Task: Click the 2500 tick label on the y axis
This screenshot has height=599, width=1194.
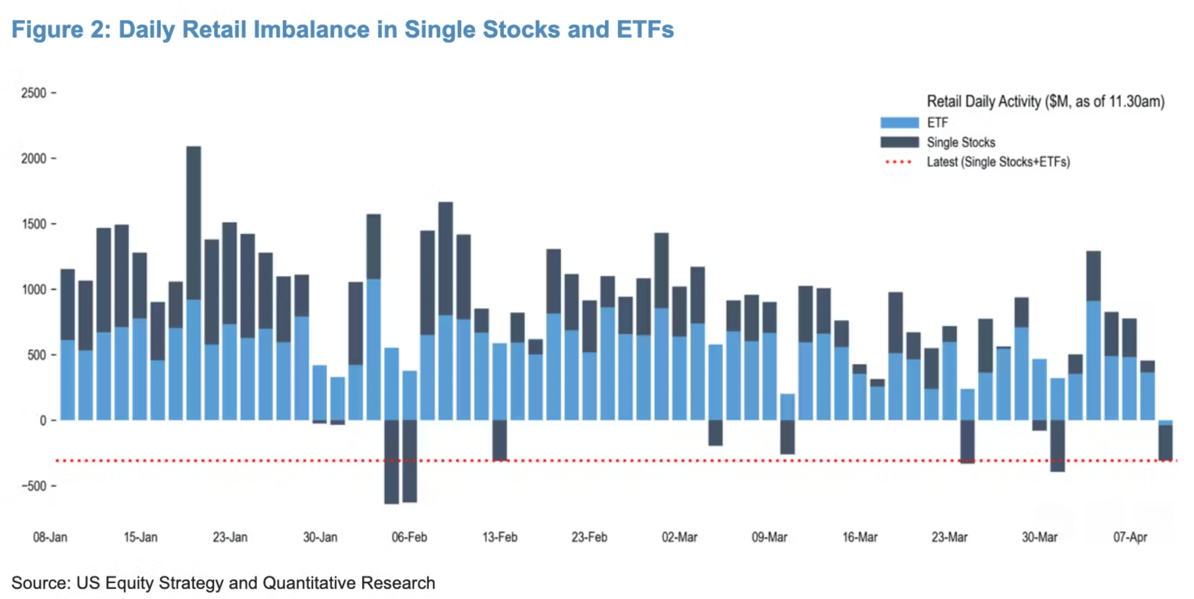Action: [33, 93]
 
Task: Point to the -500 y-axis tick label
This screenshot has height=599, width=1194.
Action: [33, 486]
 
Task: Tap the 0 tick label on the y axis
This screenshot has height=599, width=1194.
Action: [43, 421]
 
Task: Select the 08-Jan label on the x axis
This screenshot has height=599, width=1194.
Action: [50, 537]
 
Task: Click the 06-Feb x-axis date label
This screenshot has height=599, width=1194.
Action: [409, 537]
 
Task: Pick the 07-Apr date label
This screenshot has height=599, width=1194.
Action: [1130, 537]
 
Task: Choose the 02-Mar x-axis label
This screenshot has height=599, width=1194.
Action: [679, 537]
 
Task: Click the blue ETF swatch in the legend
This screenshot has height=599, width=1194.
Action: [899, 123]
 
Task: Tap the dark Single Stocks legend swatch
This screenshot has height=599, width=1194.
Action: [899, 142]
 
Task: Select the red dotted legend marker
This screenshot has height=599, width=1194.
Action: [898, 162]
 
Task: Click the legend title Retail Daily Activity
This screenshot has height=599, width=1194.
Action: [1045, 102]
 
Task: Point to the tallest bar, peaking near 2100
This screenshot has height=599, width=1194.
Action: [194, 223]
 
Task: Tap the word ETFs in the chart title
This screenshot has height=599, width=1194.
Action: [645, 30]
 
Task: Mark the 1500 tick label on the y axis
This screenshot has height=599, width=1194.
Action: [33, 224]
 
